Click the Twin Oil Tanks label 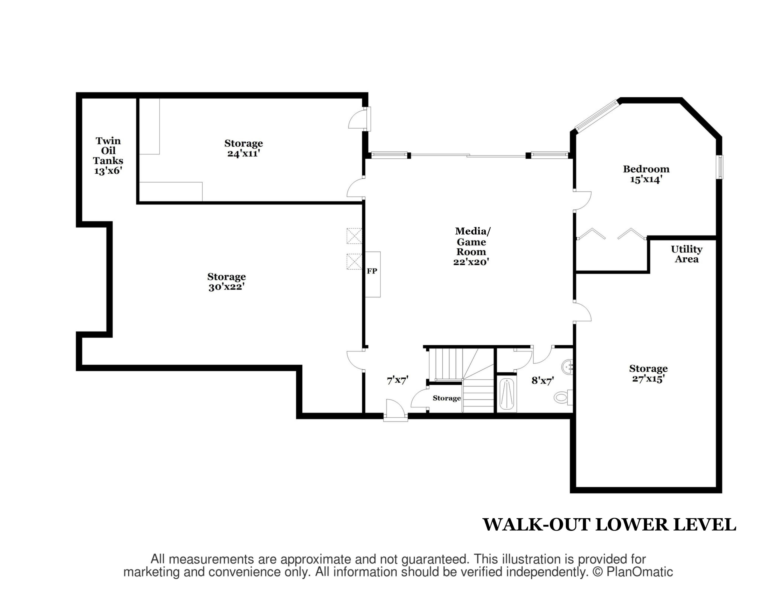pyautogui.click(x=108, y=156)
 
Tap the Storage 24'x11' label pyautogui.click(x=244, y=148)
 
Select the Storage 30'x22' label pyautogui.click(x=227, y=282)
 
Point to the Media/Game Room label pyautogui.click(x=472, y=246)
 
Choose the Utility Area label pyautogui.click(x=686, y=254)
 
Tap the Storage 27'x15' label pyautogui.click(x=648, y=373)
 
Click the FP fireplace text pyautogui.click(x=372, y=271)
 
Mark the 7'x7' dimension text pyautogui.click(x=398, y=380)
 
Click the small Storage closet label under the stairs pyautogui.click(x=447, y=398)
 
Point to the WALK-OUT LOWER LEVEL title pyautogui.click(x=609, y=525)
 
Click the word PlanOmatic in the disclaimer pyautogui.click(x=640, y=572)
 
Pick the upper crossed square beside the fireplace pyautogui.click(x=355, y=236)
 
